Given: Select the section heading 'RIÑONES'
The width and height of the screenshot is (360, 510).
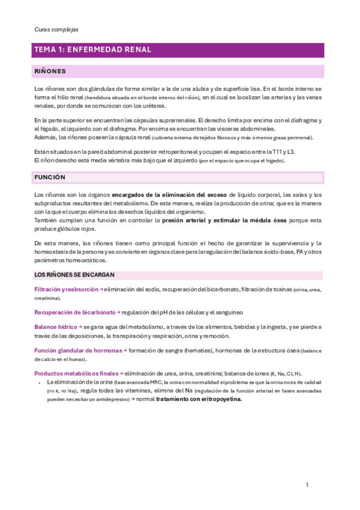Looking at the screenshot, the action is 50,71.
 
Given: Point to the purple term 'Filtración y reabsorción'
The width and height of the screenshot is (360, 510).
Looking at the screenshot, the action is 66,290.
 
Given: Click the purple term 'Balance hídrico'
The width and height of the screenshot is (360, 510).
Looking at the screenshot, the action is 54,327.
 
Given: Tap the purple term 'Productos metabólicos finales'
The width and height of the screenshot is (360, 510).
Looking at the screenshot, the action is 76,373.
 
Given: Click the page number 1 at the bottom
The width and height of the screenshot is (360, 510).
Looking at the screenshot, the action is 307,485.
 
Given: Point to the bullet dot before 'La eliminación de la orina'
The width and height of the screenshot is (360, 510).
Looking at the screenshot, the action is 40,382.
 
